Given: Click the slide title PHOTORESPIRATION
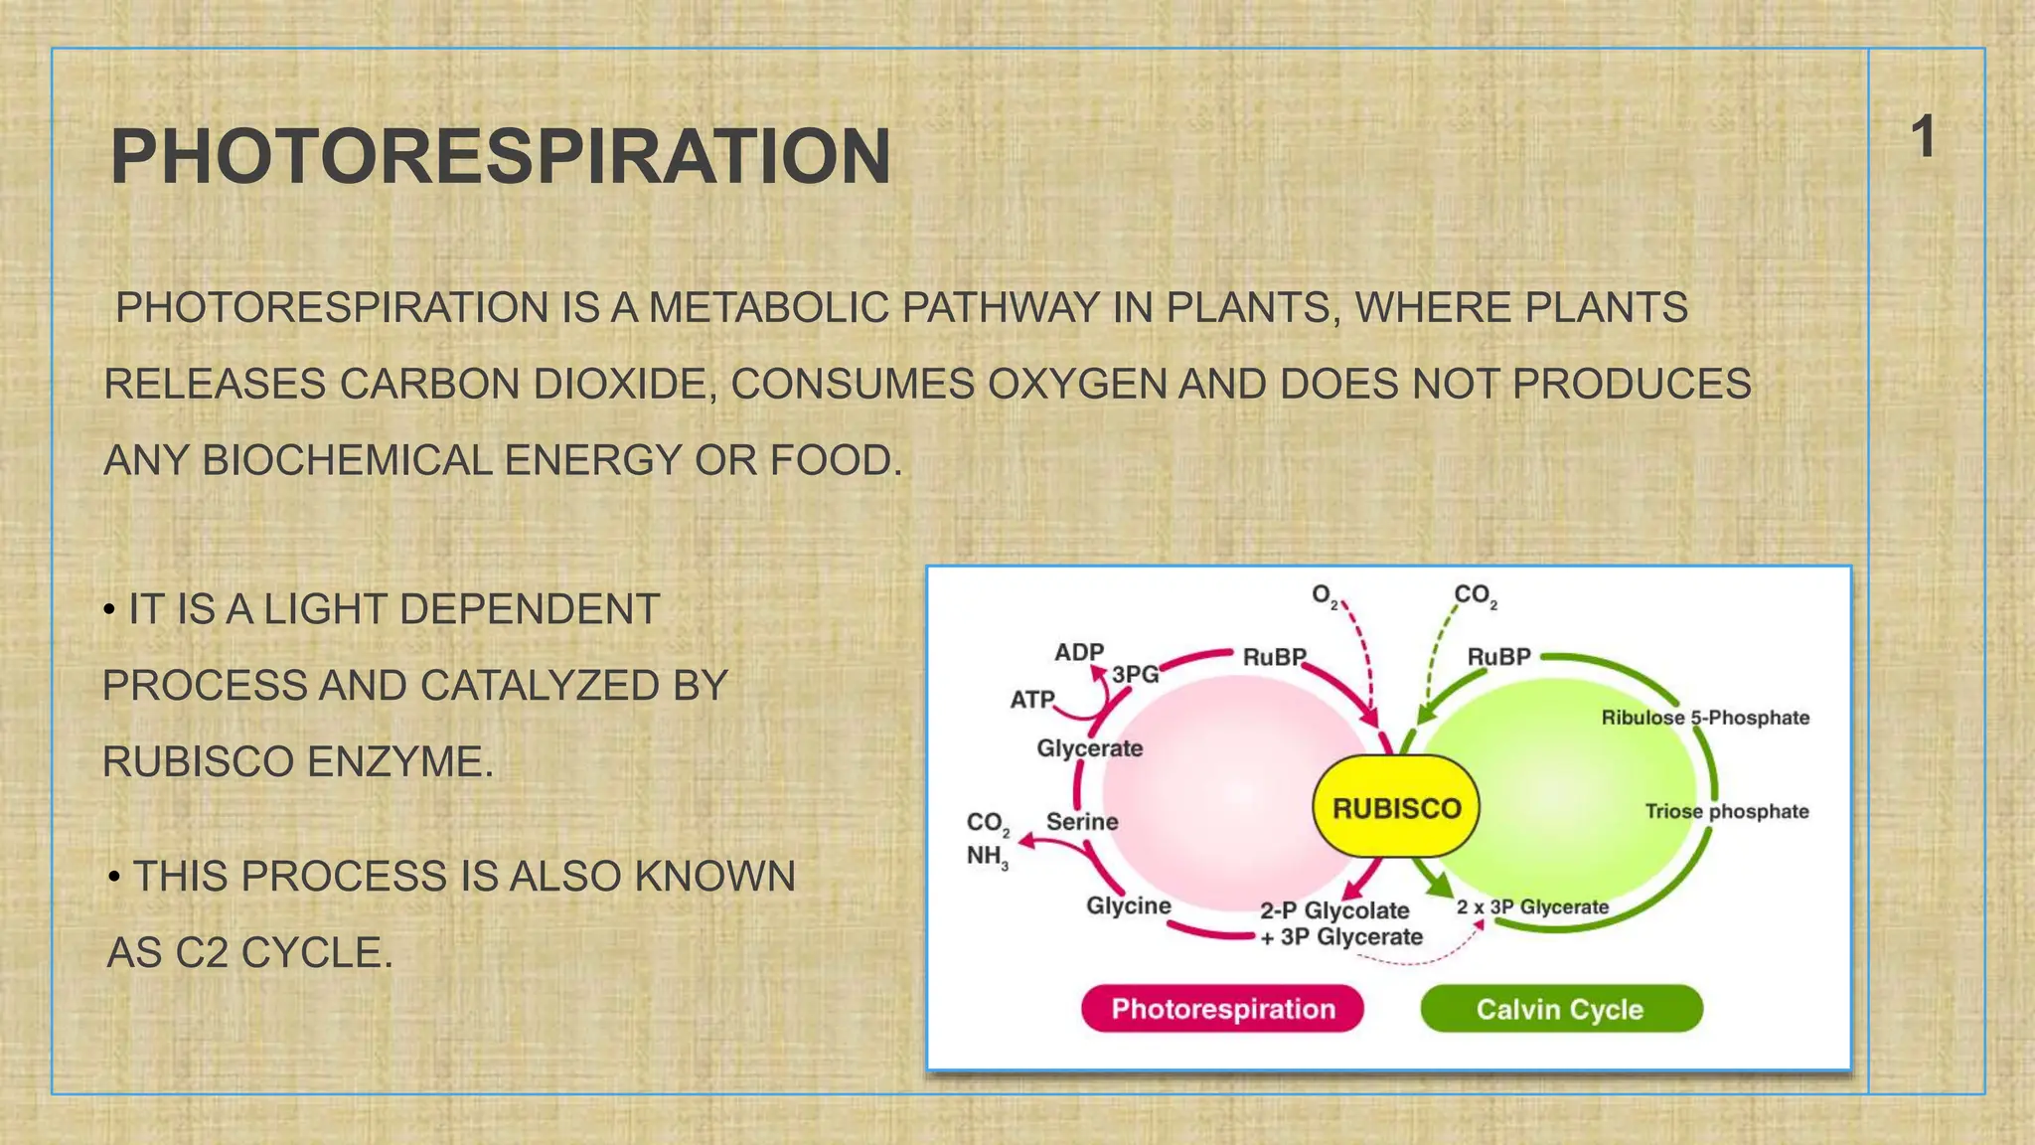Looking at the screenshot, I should (x=500, y=157).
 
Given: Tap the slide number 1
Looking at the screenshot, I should (x=1924, y=137).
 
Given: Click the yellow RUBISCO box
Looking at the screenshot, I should (x=1395, y=807).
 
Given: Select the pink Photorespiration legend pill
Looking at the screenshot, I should (x=1222, y=1009).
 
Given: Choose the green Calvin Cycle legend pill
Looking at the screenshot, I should (x=1560, y=1009).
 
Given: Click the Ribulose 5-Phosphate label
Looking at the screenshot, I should (x=1705, y=718).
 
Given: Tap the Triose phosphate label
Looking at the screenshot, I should (x=1726, y=811).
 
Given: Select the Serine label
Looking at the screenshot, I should (x=1081, y=822).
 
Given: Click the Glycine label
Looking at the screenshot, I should (x=1128, y=905).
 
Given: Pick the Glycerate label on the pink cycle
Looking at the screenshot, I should (x=1089, y=748).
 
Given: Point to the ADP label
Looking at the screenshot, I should (x=1079, y=652).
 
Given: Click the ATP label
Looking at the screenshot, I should (x=1032, y=700).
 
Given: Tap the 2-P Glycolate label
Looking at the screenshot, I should (x=1333, y=910).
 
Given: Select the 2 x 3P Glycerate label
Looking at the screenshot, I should (x=1532, y=906).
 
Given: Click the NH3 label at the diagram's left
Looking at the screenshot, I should (x=987, y=857).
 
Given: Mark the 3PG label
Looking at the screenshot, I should (x=1135, y=674).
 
